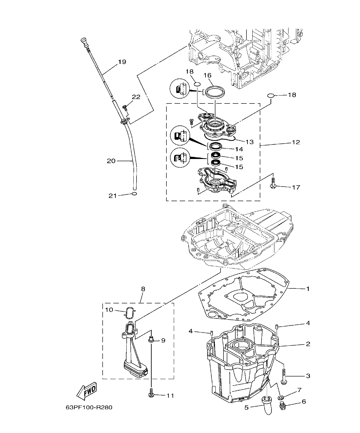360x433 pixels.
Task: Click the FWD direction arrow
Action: (x=86, y=390)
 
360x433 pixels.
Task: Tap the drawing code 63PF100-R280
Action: (x=89, y=408)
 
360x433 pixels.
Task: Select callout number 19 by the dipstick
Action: (x=121, y=62)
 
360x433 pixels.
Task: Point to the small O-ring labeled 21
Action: (x=134, y=194)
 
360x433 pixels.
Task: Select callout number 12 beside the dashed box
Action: (x=296, y=142)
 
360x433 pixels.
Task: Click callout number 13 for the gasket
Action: (x=249, y=142)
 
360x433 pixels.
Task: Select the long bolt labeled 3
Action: (x=284, y=376)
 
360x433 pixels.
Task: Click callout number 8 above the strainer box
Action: (x=143, y=289)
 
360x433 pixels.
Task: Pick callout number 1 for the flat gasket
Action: (x=307, y=289)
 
